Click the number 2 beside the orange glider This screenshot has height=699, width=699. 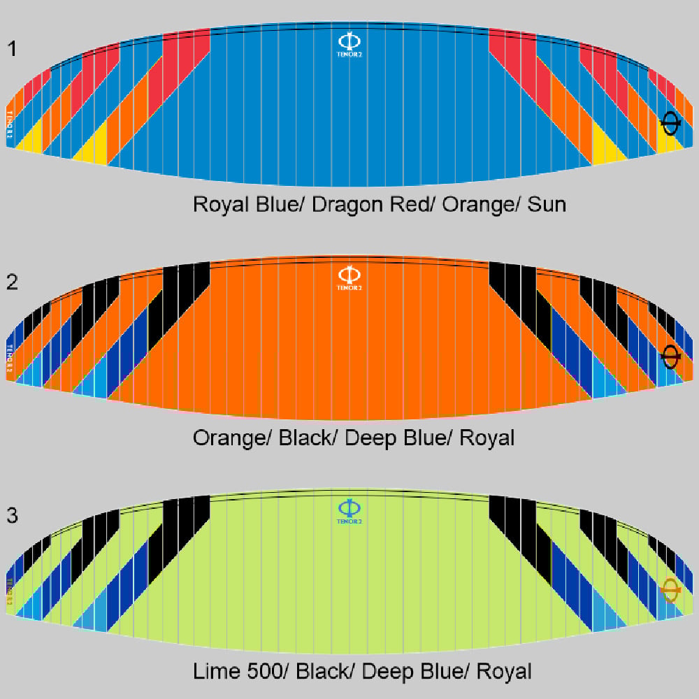click(13, 282)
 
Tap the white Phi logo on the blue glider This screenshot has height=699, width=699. click(349, 40)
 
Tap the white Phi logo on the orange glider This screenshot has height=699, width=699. click(349, 273)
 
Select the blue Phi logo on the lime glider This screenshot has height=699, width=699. click(349, 507)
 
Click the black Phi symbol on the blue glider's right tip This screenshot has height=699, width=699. click(670, 124)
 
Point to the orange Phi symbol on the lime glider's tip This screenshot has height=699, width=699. click(670, 591)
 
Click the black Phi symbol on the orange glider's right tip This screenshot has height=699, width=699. click(670, 357)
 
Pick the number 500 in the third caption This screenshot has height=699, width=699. click(266, 672)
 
